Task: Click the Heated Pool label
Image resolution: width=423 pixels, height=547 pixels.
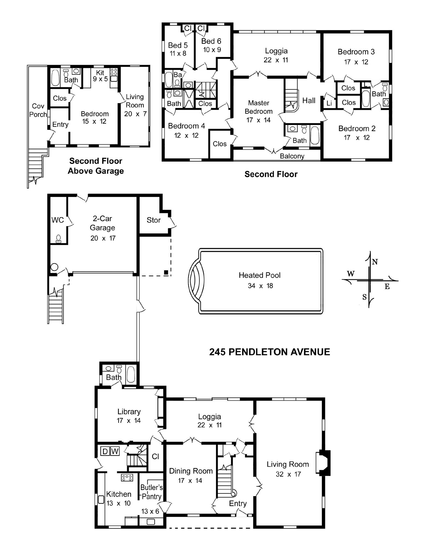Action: pos(259,275)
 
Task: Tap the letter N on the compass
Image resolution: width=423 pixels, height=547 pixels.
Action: pos(375,262)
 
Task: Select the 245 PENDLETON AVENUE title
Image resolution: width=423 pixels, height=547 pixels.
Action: pos(269,352)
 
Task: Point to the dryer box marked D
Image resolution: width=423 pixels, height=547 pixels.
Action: pos(105,451)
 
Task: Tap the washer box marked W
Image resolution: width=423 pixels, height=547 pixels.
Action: pos(115,451)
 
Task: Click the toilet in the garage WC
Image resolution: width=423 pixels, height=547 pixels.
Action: pos(58,238)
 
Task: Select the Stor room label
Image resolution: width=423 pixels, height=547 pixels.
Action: pos(153,220)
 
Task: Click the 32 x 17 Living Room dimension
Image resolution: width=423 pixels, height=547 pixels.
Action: pos(288,474)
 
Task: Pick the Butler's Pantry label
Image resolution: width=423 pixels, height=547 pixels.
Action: pos(151,492)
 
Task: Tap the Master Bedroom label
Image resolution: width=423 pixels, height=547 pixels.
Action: pos(258,107)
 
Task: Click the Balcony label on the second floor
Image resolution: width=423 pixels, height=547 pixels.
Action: pos(292,156)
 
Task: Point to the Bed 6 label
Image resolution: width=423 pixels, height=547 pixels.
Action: pos(211,41)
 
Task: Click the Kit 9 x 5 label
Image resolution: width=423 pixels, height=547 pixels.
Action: pos(100,76)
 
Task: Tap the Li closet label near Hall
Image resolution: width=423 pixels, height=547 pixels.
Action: pos(329,103)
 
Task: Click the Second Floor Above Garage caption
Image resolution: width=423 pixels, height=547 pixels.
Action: pos(96,166)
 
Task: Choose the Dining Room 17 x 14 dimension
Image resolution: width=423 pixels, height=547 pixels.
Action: pos(190,481)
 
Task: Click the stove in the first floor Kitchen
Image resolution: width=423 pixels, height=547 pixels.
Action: pos(127,478)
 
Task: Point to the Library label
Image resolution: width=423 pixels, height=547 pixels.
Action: pos(129,412)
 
